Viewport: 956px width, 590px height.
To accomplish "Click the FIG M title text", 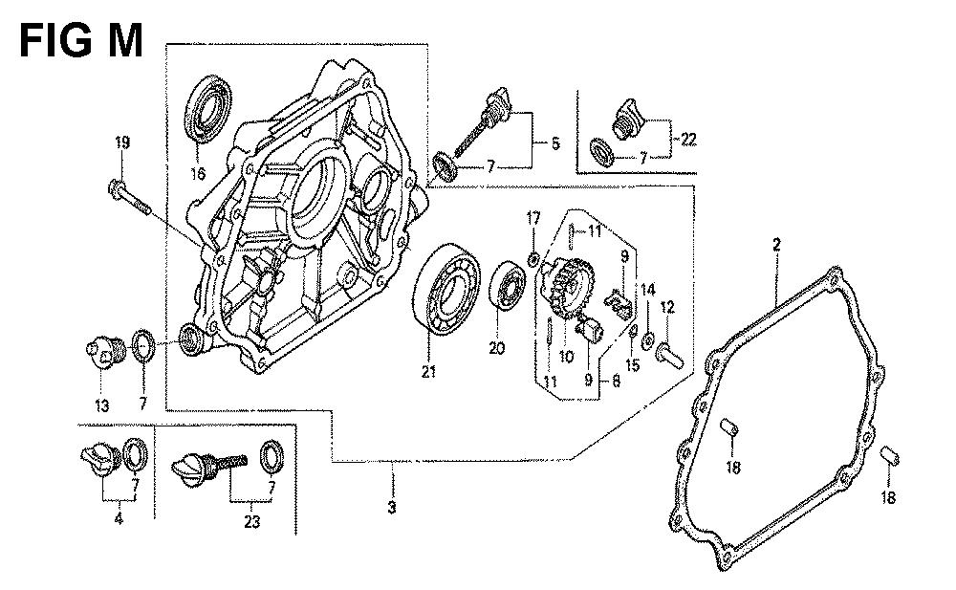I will [x=82, y=40].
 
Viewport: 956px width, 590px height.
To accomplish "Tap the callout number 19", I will [x=121, y=143].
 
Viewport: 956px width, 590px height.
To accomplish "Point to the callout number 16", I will [x=199, y=174].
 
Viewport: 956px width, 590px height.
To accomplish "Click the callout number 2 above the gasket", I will [x=776, y=246].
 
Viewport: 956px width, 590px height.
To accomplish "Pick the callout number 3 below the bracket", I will [x=391, y=507].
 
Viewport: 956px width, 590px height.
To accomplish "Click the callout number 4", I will [x=118, y=520].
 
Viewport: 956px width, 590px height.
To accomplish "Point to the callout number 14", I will [x=647, y=289].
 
